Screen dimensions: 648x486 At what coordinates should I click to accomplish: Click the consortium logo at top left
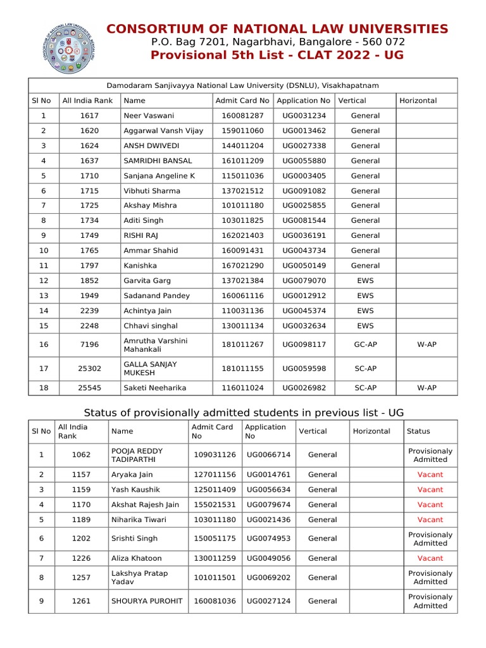coord(68,49)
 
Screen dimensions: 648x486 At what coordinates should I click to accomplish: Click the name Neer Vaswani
coord(149,116)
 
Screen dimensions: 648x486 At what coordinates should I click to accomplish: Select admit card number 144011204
coord(242,146)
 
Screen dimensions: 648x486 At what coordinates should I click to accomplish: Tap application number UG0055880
coord(304,161)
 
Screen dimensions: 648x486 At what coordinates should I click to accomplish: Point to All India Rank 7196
coord(89,345)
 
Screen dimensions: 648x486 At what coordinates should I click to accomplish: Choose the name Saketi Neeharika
coord(155,388)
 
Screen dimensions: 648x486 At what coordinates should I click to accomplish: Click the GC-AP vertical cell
coord(365,345)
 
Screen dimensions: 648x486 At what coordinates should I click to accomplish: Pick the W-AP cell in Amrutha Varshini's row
coord(427,345)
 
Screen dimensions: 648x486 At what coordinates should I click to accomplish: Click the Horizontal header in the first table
coord(418,101)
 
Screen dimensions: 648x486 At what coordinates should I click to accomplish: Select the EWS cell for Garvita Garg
coord(365,280)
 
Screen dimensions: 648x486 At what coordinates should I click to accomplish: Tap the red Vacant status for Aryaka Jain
coord(430,475)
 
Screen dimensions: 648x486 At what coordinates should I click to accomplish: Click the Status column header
coord(418,432)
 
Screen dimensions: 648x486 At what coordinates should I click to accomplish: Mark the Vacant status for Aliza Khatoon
coord(430,558)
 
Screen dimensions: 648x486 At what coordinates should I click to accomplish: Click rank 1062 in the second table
coord(82,455)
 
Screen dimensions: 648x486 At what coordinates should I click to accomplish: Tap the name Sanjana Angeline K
coord(159,176)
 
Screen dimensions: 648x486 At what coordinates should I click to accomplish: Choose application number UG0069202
coord(269,577)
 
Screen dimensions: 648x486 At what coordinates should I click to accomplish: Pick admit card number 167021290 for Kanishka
coord(242,266)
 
